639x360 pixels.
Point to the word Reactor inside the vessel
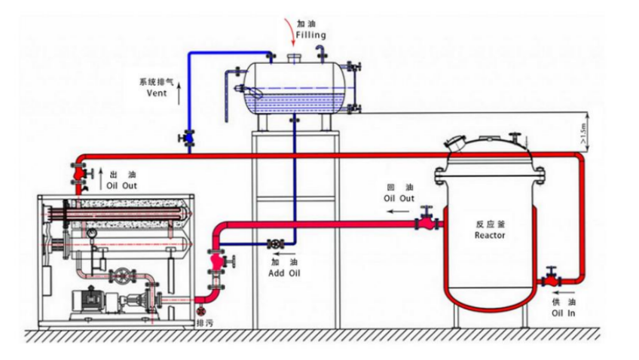click(490, 235)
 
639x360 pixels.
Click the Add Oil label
click(284, 273)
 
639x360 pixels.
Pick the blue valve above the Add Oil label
click(275, 244)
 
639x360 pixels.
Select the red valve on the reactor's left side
click(427, 222)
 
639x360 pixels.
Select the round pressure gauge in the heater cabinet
click(92, 233)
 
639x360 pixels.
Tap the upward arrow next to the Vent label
click(179, 93)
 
